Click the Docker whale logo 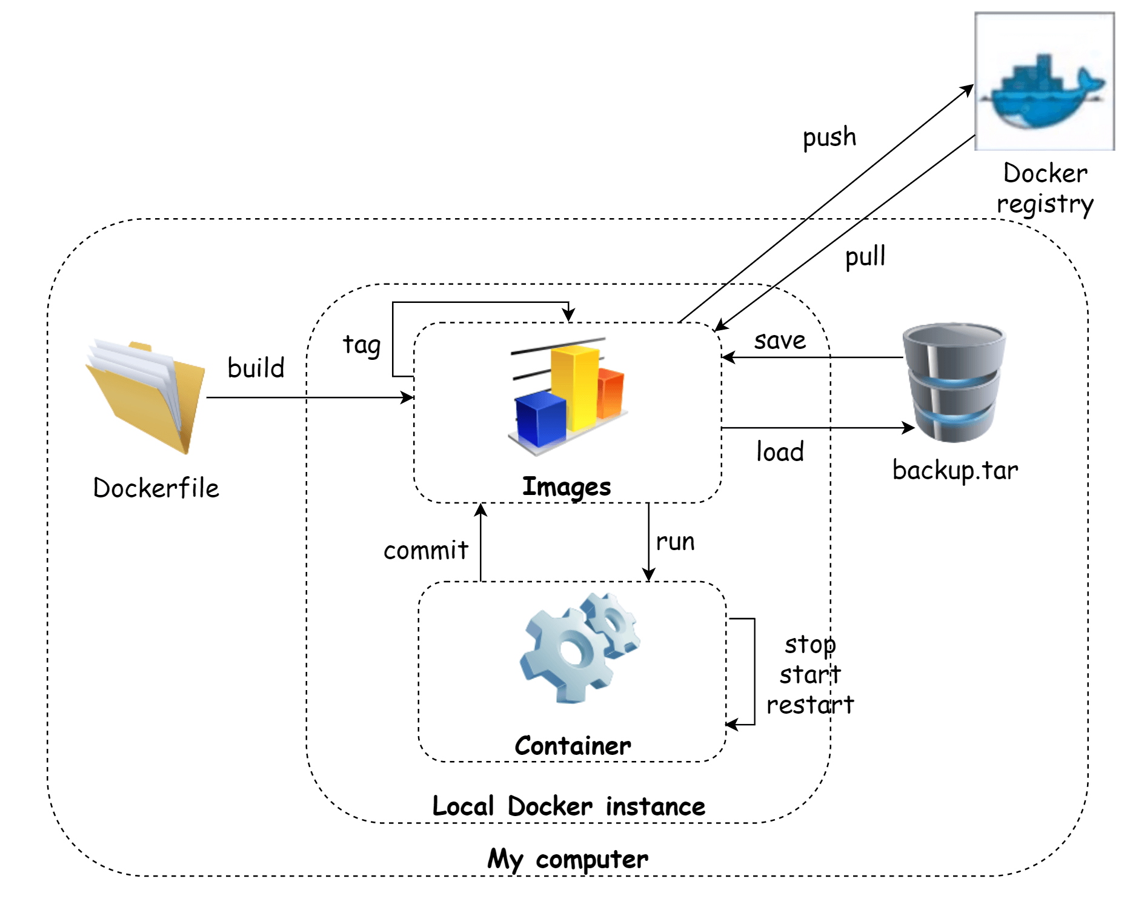[x=1044, y=91]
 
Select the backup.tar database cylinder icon [x=954, y=382]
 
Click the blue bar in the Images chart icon [x=540, y=418]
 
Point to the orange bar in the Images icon [x=611, y=394]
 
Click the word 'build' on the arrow [x=256, y=368]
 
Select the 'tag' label [x=362, y=345]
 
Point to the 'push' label [x=829, y=138]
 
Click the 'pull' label [x=865, y=256]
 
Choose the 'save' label [x=780, y=340]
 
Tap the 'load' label [x=780, y=452]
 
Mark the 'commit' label [x=426, y=550]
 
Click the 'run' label [x=675, y=542]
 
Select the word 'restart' [x=810, y=705]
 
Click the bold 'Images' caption [x=567, y=487]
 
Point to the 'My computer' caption [x=568, y=859]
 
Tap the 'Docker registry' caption [x=1045, y=188]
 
